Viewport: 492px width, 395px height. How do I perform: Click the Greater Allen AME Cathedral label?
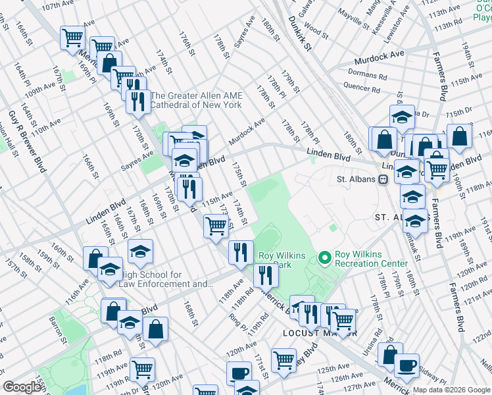coord(196,100)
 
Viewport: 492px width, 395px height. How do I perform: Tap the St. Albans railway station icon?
coord(381,179)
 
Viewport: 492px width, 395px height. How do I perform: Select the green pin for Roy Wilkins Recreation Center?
coord(324,257)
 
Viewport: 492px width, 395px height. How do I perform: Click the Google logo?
coord(22,387)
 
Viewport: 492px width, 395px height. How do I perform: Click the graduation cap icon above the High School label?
coord(140,251)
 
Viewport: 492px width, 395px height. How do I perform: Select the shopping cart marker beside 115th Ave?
coord(216,226)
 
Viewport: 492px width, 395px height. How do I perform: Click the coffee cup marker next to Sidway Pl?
coord(406,364)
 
